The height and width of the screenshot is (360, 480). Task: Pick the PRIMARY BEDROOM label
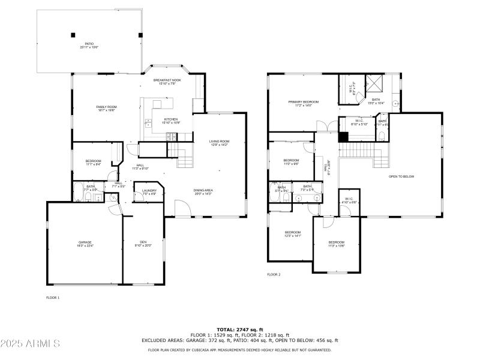point(303,103)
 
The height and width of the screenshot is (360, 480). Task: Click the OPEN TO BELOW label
point(401,176)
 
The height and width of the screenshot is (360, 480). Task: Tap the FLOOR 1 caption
point(53,298)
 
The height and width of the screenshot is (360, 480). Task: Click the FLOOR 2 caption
point(274,274)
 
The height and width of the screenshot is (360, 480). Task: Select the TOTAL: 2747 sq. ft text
point(239,329)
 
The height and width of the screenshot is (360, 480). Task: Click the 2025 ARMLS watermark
point(30,344)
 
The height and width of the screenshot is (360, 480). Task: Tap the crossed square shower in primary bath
point(375,84)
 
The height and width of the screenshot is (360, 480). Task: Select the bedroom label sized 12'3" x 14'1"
point(292,233)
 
